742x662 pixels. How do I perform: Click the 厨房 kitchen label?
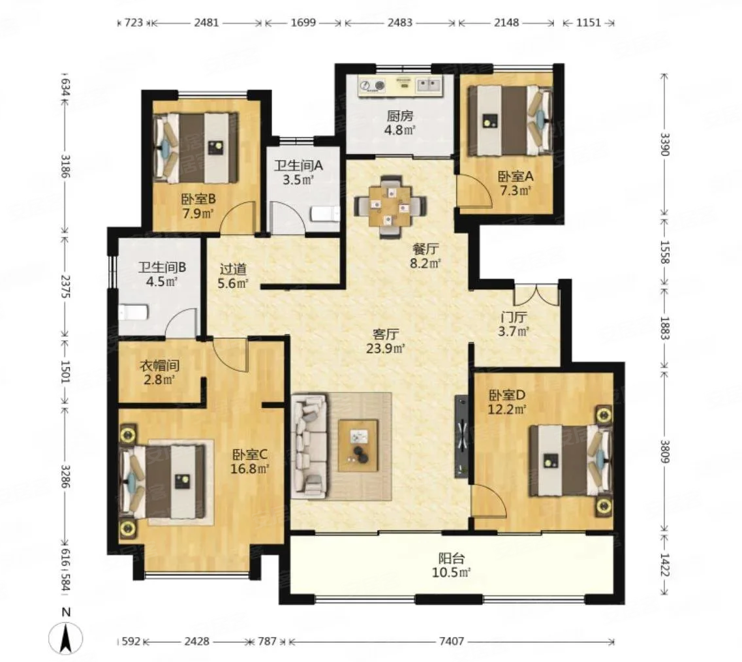point(400,116)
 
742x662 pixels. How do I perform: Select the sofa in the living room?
point(310,446)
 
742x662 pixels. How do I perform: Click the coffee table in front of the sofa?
point(358,446)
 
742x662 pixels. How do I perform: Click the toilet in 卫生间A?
point(326,214)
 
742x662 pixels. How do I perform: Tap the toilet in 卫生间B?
point(133,313)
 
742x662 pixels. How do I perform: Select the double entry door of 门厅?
point(537,294)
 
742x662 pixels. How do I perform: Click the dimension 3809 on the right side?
point(665,452)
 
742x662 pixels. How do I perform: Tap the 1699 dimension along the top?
point(303,22)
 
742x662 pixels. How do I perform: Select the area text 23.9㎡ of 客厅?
point(386,349)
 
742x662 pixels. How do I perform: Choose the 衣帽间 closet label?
point(159,366)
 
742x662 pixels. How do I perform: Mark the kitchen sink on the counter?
point(428,86)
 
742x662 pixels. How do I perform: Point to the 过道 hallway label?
point(233,269)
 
